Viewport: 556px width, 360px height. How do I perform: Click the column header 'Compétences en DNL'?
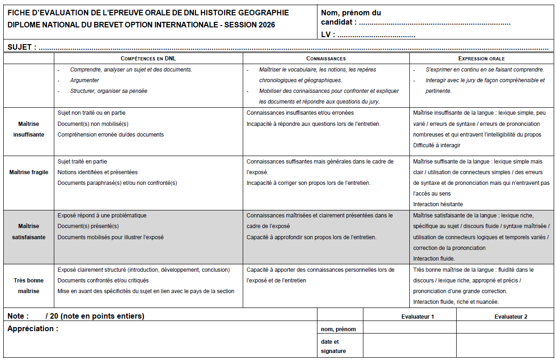tap(149, 59)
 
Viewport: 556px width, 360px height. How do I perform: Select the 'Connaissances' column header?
tap(326, 59)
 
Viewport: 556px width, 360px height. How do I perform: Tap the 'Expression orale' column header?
tap(481, 59)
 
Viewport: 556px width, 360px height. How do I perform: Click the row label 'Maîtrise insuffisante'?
tap(29, 129)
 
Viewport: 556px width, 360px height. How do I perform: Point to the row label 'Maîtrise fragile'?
tap(29, 172)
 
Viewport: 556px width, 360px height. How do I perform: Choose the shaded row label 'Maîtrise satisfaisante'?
tap(29, 231)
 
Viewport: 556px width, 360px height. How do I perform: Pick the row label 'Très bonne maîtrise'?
tap(29, 286)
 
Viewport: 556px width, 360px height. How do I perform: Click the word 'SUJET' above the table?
tap(19, 47)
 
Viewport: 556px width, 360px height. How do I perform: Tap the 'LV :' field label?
tap(328, 34)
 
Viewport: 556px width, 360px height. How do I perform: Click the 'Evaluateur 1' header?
tap(418, 317)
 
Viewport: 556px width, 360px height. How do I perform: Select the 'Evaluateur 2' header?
tap(511, 317)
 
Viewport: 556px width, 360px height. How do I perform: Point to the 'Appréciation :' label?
tap(33, 329)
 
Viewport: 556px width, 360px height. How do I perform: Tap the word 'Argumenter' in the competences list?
tap(84, 80)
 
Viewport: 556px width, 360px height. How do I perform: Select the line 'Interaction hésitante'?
tap(438, 204)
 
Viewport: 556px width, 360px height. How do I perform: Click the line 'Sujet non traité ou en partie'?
tap(91, 113)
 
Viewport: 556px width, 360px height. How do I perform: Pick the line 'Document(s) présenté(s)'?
tap(88, 226)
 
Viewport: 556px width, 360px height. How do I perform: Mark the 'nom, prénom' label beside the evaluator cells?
tap(338, 329)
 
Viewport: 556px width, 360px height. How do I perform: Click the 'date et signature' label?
tap(333, 347)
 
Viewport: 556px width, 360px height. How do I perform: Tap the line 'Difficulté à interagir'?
tap(437, 145)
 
